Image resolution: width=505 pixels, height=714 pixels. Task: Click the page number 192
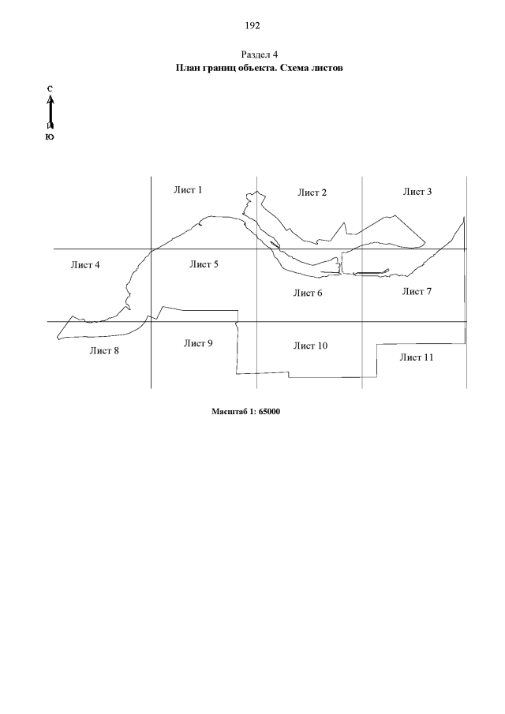252,25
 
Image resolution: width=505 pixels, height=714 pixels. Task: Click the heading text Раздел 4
259,54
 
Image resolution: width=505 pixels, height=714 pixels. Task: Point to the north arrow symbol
50,112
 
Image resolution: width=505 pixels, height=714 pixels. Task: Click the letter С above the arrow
50,89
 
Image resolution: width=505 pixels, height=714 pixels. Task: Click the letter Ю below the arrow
50,136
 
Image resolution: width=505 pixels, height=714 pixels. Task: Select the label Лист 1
188,190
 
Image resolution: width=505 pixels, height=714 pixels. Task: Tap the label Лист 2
312,193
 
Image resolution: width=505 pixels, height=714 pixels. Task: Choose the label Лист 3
417,192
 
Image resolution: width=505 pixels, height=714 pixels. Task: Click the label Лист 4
85,265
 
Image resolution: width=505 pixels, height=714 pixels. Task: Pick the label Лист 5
204,264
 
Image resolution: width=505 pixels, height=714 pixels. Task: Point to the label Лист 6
308,293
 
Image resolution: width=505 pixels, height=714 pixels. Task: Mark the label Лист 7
417,291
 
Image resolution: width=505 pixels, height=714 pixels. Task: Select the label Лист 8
104,350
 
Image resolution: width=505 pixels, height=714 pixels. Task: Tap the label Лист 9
198,343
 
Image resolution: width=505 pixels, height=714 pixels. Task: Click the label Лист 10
310,346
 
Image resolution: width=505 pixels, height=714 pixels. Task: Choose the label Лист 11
417,357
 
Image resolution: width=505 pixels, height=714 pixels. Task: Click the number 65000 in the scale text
269,412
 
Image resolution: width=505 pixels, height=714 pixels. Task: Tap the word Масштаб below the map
227,412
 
